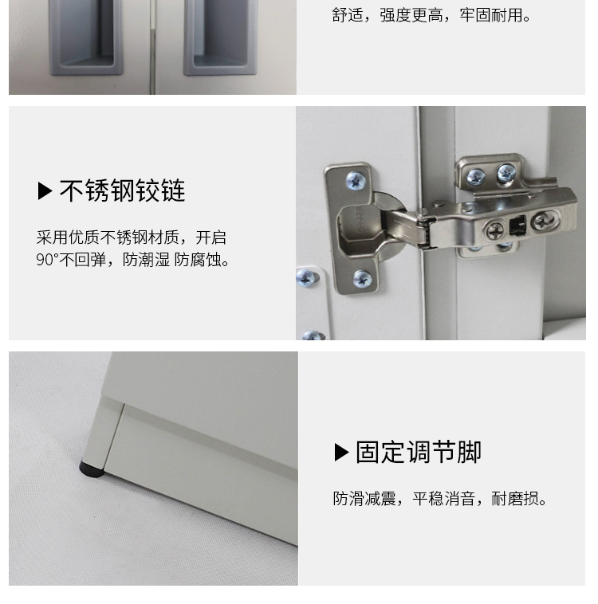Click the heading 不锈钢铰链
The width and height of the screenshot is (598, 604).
[122, 190]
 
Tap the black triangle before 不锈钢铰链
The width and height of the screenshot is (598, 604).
[45, 191]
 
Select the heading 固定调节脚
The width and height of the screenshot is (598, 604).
[419, 452]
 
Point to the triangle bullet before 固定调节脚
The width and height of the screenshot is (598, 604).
[341, 452]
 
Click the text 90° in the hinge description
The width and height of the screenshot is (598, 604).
[47, 260]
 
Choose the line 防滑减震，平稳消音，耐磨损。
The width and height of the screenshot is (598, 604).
[439, 499]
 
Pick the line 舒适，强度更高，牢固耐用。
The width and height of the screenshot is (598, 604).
[431, 15]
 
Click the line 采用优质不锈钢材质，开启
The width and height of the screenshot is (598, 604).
[132, 237]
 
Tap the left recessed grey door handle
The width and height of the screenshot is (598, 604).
[85, 37]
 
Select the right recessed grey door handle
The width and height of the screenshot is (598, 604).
[220, 37]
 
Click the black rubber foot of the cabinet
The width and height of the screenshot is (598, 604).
[92, 469]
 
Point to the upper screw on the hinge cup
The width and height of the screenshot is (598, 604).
[356, 181]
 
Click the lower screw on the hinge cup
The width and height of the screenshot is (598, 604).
[363, 279]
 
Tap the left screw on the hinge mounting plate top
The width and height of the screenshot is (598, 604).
[477, 177]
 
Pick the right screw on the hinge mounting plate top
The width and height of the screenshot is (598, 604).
[506, 173]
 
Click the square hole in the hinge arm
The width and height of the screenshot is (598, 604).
[517, 225]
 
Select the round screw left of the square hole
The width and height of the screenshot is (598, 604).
[494, 231]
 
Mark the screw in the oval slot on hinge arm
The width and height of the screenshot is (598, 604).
[545, 221]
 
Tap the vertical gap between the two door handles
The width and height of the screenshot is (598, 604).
[152, 47]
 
